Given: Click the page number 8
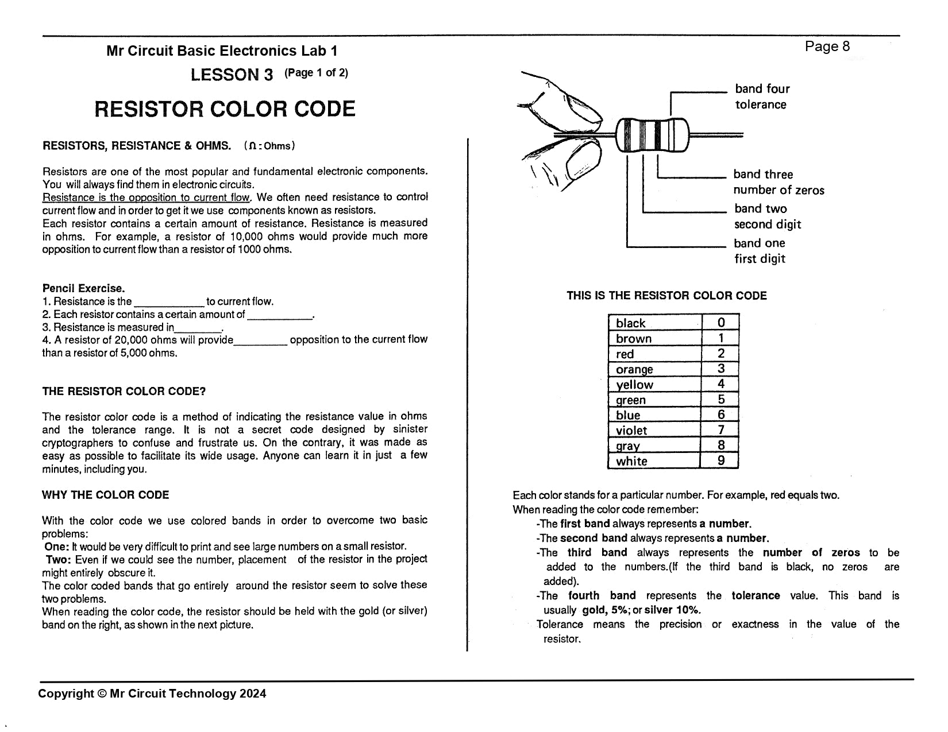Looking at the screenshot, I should coord(846,47).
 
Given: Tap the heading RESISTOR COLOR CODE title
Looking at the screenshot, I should coord(225,109).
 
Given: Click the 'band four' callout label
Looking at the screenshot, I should coord(762,89).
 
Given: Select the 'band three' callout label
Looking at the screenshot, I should coord(762,175).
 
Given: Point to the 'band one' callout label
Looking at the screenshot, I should coord(759,243).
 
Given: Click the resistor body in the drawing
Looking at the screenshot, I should coord(652,135).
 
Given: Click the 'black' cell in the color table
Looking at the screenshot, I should coord(654,323).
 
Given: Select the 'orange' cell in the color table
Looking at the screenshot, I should coord(654,369).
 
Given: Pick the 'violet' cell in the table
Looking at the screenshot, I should coord(654,430).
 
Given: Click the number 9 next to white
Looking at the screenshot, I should coord(720,460).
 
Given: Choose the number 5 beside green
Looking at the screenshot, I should coord(720,400).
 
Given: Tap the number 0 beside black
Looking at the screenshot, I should coord(721,323).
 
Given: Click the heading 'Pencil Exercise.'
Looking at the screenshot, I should coord(83,288).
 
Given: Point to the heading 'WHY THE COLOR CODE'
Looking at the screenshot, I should coord(105,495).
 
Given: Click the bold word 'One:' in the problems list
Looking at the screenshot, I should coord(57,547).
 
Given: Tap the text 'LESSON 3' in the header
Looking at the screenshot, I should coord(232,75).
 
